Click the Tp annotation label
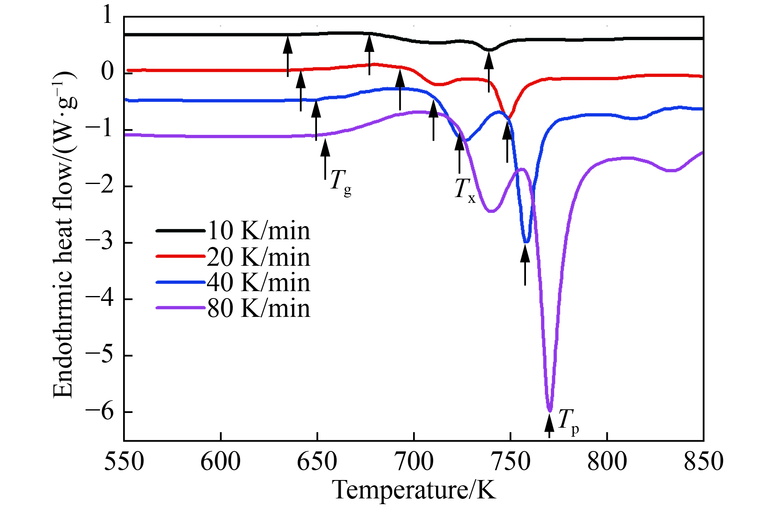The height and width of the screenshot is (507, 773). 568,421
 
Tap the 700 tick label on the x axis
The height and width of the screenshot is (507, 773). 413,462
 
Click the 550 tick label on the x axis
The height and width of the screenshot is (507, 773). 124,462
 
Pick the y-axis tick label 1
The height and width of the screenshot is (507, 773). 107,16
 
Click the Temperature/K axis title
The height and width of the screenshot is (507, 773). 414,490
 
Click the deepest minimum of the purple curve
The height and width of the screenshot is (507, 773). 550,410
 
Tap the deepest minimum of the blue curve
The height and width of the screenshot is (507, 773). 526,242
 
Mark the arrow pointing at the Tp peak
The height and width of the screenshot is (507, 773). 549,425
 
